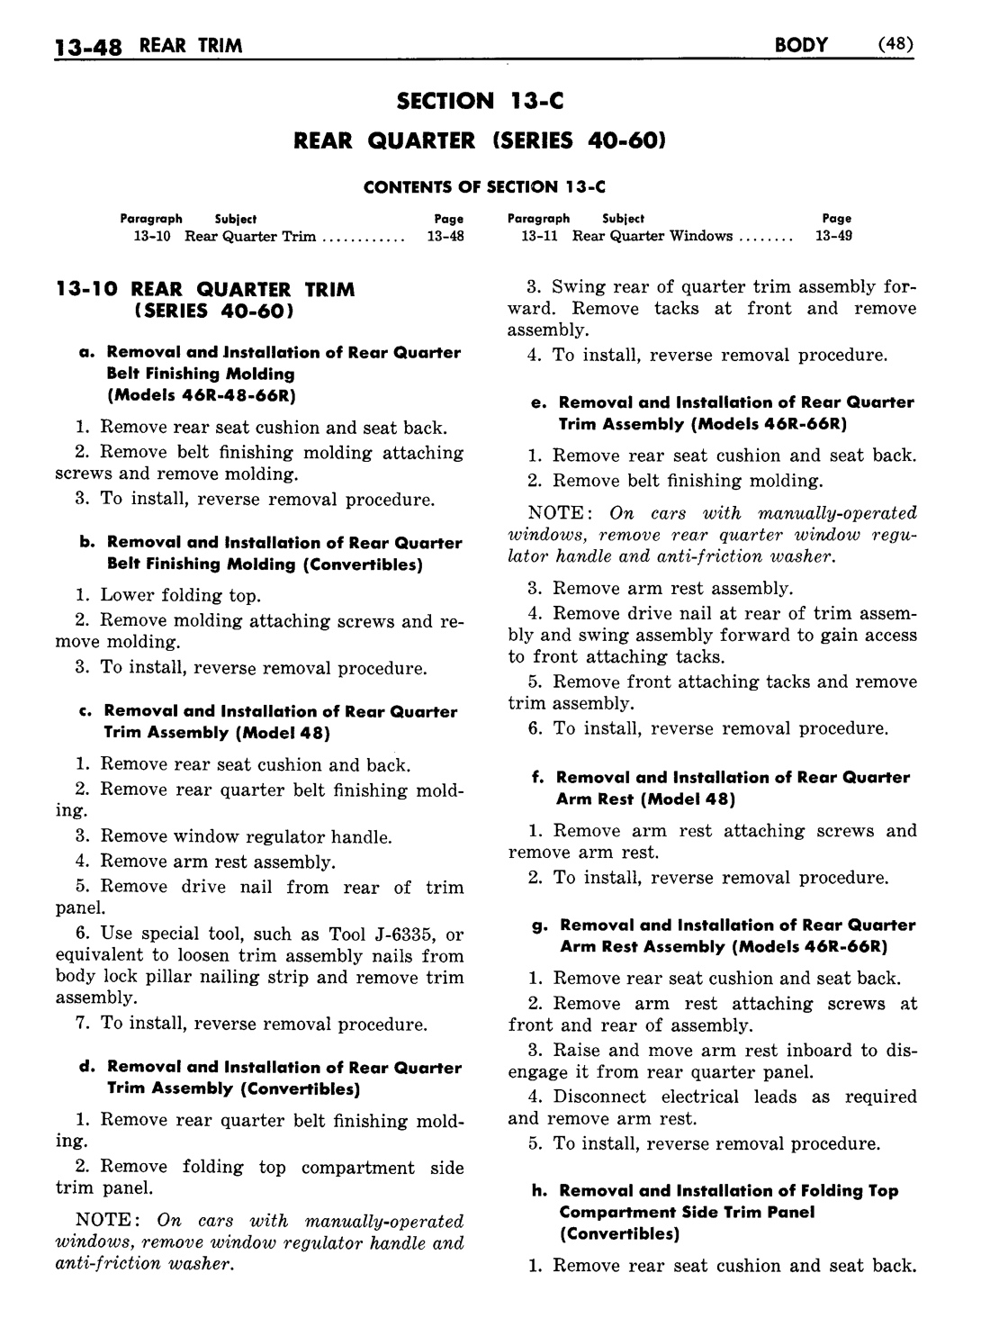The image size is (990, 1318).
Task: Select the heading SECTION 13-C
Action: click(480, 101)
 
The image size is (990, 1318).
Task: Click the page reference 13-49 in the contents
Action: click(833, 236)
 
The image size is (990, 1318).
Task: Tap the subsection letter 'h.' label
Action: click(540, 1191)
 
